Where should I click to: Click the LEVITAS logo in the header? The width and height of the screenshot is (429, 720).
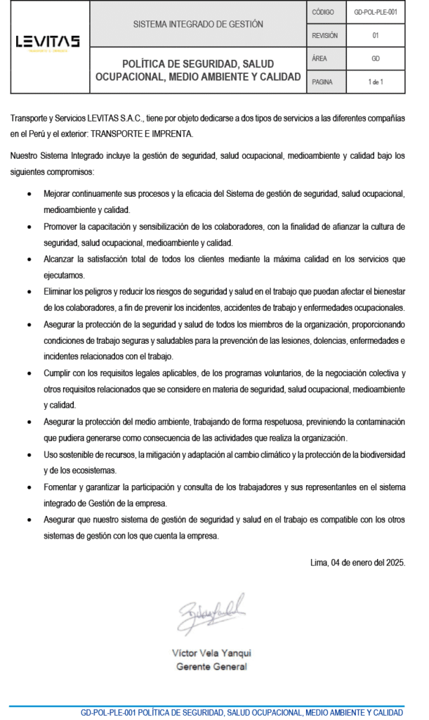[48, 43]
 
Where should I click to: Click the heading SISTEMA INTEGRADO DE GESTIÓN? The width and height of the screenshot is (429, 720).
[198, 24]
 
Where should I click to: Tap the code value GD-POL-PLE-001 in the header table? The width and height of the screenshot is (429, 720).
[375, 12]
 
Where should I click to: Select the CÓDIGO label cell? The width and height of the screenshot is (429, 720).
[323, 12]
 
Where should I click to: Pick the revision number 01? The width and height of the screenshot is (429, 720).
[375, 35]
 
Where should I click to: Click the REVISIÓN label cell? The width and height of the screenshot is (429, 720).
[324, 35]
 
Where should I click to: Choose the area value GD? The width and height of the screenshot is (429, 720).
[375, 58]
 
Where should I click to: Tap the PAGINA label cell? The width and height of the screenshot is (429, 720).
[322, 82]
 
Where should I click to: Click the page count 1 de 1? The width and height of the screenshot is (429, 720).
[375, 82]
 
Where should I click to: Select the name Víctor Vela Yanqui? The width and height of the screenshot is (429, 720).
[211, 652]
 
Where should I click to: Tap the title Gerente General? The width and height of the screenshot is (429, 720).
[211, 666]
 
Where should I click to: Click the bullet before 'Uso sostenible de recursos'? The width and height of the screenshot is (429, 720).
[28, 455]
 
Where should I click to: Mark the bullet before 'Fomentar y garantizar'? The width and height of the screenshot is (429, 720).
[28, 487]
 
